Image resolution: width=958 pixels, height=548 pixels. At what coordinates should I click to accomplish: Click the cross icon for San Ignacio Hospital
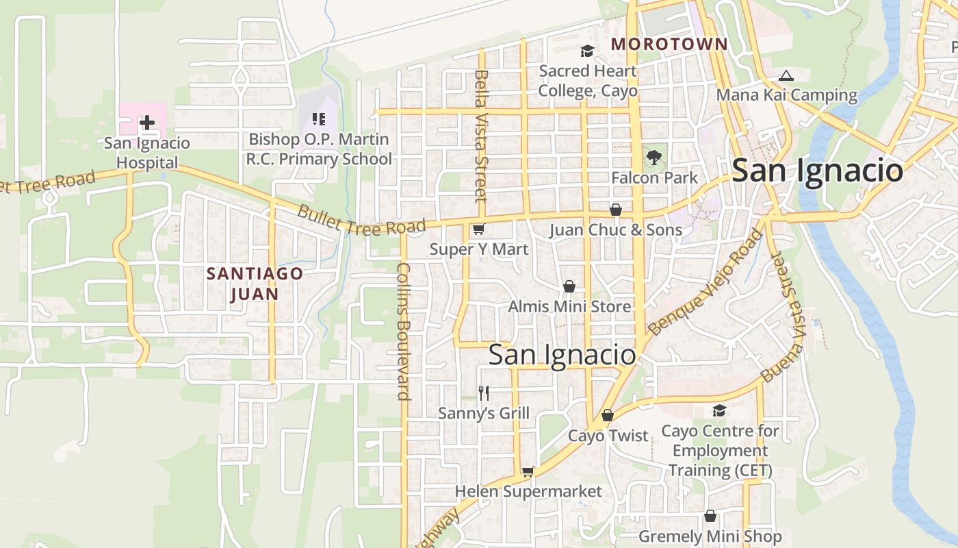pyautogui.click(x=146, y=123)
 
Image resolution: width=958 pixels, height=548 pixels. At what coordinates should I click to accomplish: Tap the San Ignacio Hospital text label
pyautogui.click(x=146, y=153)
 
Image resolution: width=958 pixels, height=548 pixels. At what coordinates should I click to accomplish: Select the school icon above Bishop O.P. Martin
pyautogui.click(x=318, y=119)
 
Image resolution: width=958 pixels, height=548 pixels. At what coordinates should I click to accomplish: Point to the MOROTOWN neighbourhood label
pyautogui.click(x=669, y=45)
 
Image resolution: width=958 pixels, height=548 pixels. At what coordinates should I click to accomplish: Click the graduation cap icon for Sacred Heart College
pyautogui.click(x=587, y=51)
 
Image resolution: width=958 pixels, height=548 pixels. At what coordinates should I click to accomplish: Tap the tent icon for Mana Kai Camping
pyautogui.click(x=786, y=75)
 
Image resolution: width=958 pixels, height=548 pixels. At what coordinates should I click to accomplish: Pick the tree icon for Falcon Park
pyautogui.click(x=654, y=158)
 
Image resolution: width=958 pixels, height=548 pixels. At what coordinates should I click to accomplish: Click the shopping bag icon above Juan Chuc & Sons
pyautogui.click(x=616, y=210)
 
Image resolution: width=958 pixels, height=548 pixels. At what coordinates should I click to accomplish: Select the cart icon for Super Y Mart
pyautogui.click(x=478, y=229)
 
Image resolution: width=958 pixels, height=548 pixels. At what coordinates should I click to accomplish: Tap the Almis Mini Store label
pyautogui.click(x=569, y=306)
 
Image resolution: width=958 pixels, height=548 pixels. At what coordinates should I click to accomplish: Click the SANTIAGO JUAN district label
pyautogui.click(x=255, y=284)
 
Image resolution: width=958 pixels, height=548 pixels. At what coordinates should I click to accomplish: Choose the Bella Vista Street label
pyautogui.click(x=481, y=136)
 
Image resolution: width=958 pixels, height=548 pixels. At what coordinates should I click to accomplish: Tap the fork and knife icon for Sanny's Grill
pyautogui.click(x=484, y=393)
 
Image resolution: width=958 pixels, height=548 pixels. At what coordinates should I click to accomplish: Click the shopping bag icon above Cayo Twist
pyautogui.click(x=608, y=415)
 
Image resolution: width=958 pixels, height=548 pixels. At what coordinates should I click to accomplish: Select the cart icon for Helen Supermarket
pyautogui.click(x=528, y=471)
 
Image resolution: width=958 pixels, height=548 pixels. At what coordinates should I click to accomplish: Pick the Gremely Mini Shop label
pyautogui.click(x=710, y=536)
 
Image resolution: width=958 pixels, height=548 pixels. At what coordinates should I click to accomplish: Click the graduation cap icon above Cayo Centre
pyautogui.click(x=719, y=410)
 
